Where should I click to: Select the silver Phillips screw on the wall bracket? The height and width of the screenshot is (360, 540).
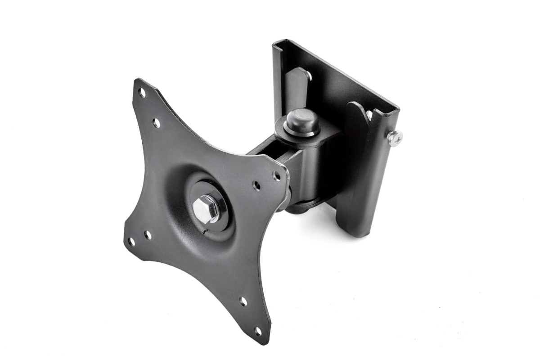[395, 138]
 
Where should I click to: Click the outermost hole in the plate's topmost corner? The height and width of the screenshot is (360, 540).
[142, 93]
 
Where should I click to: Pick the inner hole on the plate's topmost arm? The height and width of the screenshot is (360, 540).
[156, 122]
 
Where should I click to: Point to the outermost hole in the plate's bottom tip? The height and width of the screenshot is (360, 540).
[258, 332]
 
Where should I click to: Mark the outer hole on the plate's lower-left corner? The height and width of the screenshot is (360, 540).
[131, 242]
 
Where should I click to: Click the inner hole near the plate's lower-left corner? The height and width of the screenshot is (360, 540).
[147, 235]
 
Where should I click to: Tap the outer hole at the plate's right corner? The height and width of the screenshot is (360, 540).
[277, 176]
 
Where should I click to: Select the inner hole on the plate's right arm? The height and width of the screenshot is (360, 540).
[256, 185]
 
